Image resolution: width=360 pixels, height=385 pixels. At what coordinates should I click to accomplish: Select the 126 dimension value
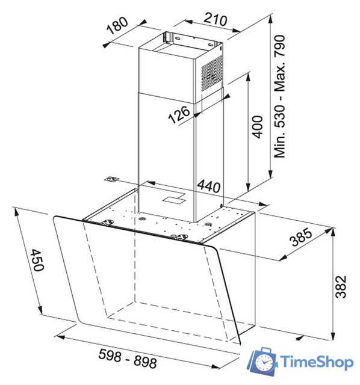179,113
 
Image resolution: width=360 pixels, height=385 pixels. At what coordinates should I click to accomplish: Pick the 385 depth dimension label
301,238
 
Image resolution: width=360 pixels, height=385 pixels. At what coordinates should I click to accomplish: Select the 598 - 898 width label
128,362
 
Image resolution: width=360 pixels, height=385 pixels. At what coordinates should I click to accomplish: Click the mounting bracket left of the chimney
111,180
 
